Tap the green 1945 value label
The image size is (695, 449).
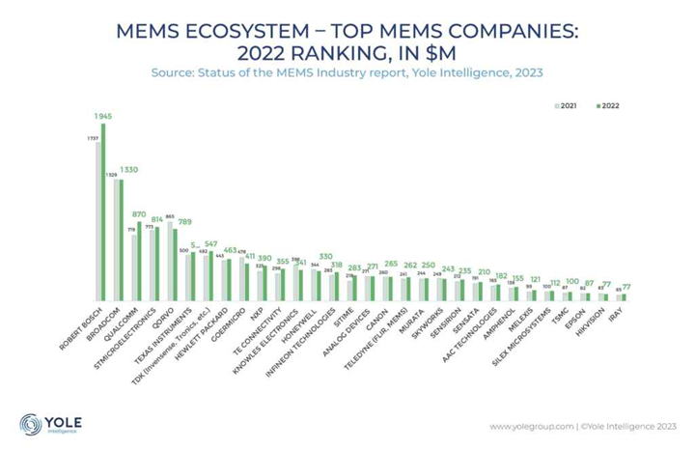click(102, 116)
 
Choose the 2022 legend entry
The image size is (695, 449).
click(606, 103)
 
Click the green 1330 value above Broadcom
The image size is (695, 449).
click(130, 170)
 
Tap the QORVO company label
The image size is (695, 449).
click(173, 318)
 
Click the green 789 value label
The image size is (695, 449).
click(182, 221)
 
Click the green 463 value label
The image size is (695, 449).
click(230, 250)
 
